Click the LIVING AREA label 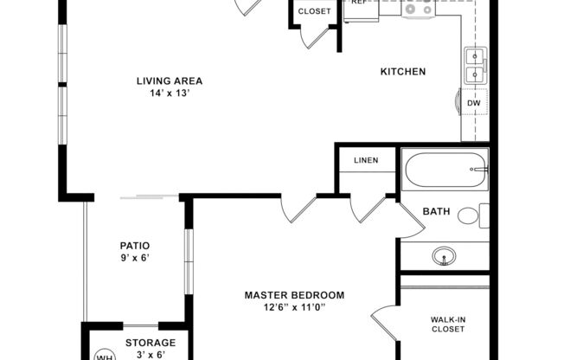169,81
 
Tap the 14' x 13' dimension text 169,94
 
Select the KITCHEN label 403,72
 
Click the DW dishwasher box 474,103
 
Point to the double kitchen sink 475,66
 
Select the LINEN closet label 366,160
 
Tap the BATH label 436,211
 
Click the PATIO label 134,245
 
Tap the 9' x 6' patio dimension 134,258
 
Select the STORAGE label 150,343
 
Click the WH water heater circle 104,356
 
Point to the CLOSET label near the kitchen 314,11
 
